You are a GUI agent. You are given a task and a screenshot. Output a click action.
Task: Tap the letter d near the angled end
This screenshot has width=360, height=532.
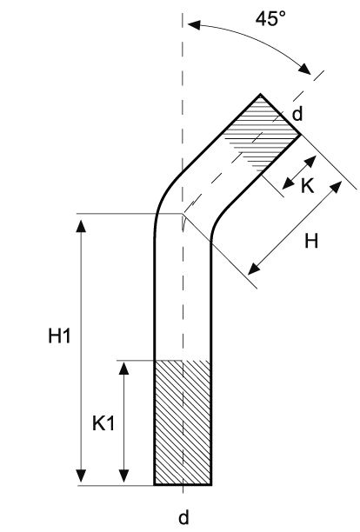[297, 113]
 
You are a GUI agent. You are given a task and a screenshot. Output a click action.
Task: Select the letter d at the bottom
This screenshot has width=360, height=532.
[183, 518]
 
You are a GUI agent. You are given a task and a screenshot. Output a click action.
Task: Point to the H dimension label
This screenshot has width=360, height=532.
[310, 242]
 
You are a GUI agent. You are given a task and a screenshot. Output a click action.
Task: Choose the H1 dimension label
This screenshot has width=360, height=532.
[58, 337]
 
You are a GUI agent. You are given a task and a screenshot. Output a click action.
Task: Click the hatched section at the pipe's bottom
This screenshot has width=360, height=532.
[182, 422]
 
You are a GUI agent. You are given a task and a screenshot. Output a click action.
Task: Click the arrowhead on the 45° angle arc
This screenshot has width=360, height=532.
[307, 70]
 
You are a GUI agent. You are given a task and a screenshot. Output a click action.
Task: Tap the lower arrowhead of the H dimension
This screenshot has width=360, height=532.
[252, 264]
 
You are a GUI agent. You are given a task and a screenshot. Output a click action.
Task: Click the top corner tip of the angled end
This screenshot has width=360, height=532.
[262, 94]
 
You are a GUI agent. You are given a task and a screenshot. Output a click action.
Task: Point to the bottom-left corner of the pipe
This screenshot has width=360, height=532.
[154, 484]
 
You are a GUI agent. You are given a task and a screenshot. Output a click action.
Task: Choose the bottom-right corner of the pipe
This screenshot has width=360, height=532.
[211, 484]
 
